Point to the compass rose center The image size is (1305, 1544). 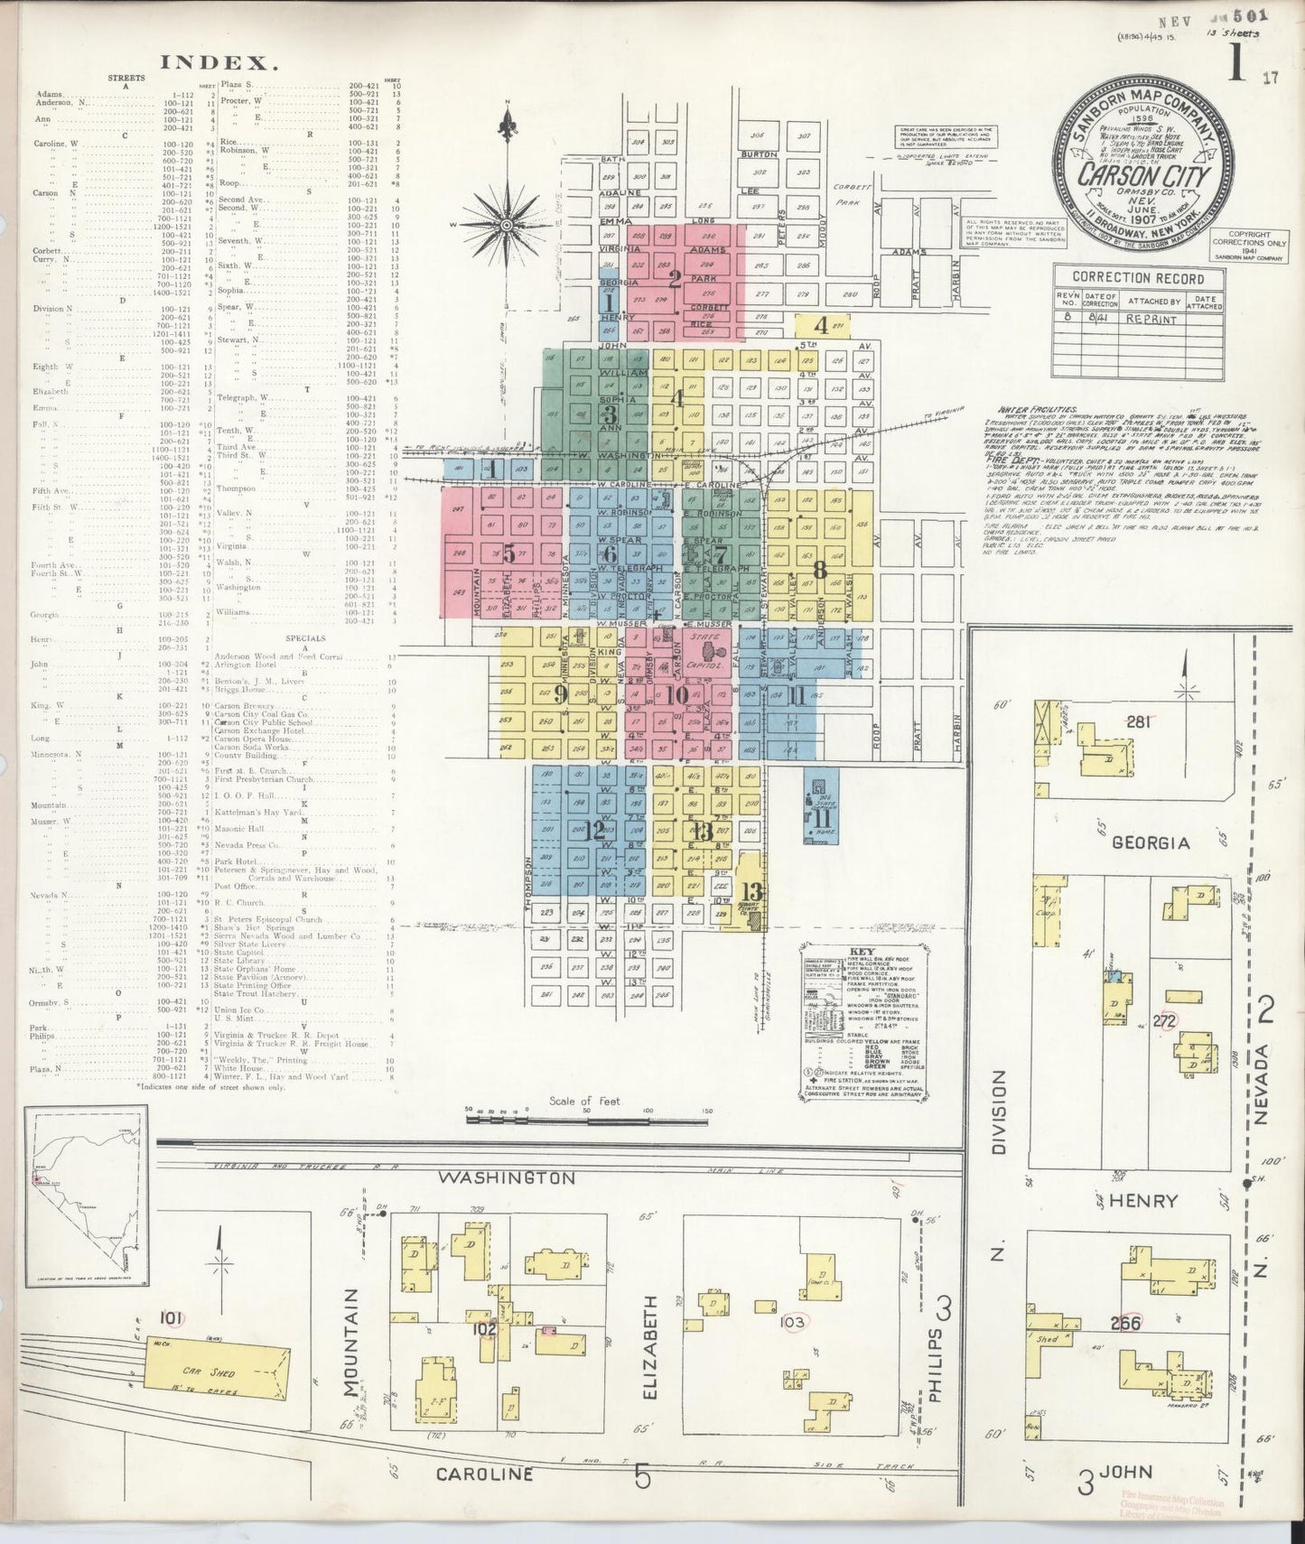(x=508, y=224)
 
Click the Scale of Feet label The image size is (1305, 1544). (x=587, y=1102)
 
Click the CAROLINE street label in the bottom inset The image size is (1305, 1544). (x=484, y=1474)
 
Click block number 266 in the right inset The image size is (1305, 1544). (x=1125, y=1324)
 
